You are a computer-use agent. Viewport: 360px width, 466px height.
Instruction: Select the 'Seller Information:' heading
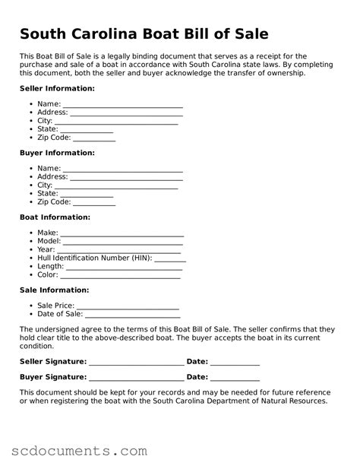click(57, 89)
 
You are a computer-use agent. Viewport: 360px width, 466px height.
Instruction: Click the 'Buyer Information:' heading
click(57, 153)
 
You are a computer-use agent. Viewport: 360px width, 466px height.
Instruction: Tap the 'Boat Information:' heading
click(55, 217)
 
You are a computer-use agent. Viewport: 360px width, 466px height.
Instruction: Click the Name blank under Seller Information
click(123, 105)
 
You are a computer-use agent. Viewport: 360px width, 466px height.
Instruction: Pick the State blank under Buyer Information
click(87, 194)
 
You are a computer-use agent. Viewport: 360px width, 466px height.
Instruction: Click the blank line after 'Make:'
click(122, 233)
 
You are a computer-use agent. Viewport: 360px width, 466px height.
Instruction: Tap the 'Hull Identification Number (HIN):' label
click(95, 258)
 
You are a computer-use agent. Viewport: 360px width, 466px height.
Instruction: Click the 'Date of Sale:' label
click(60, 314)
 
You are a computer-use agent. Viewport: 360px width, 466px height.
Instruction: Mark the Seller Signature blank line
click(136, 362)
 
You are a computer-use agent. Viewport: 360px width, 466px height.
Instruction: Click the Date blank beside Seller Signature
click(235, 362)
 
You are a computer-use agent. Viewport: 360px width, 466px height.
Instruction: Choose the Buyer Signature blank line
click(136, 377)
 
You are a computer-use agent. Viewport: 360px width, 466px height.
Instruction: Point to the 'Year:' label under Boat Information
click(46, 249)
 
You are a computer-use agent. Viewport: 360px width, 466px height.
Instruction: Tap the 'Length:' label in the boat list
click(50, 266)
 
